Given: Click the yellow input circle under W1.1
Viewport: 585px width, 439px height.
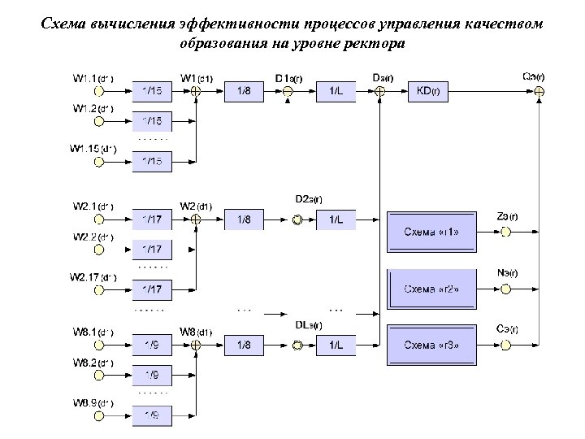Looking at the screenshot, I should click(x=99, y=92).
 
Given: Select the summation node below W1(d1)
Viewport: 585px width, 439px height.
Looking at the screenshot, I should click(x=196, y=92).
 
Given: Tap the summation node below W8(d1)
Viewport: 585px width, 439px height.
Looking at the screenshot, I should click(x=196, y=346).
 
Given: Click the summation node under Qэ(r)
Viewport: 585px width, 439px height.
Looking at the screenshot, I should click(x=538, y=92).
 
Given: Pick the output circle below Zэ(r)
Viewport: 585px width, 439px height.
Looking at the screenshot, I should click(x=505, y=232).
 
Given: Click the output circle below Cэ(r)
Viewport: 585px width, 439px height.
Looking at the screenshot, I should click(x=505, y=346).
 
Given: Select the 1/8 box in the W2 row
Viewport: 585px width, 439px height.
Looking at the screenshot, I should click(x=244, y=219).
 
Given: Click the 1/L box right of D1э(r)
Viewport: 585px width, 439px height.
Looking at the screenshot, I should click(x=336, y=92).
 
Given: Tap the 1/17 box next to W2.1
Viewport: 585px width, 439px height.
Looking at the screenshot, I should click(x=152, y=219).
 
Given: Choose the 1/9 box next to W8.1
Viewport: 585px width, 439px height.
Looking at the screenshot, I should click(x=152, y=346).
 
